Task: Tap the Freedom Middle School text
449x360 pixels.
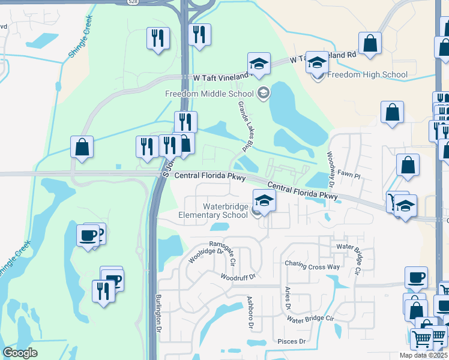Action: [209, 94]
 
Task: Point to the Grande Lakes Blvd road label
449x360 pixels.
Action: [246, 126]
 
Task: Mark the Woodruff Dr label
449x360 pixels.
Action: [238, 277]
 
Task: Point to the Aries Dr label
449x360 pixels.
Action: [288, 298]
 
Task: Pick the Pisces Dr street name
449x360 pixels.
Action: [292, 341]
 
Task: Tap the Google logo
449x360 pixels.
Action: [20, 353]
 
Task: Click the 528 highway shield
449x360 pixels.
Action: [133, 2]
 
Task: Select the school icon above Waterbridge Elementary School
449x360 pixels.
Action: [264, 200]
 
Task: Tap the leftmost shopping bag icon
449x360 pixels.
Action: [82, 147]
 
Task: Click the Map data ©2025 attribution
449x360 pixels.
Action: [424, 355]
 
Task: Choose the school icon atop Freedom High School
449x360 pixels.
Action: [317, 62]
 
